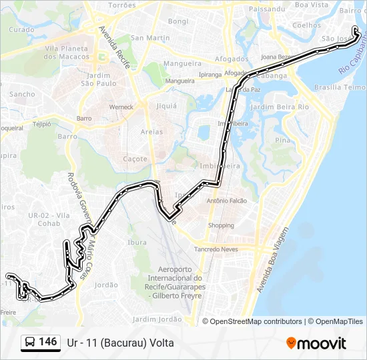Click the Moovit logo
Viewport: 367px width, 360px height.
pos(316,343)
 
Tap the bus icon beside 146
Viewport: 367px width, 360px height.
pos(30,343)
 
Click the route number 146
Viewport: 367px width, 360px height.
pos(47,342)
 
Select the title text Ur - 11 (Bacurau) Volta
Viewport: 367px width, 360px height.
pos(120,343)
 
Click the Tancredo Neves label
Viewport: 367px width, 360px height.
pos(216,249)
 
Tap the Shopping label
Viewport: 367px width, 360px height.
pos(221,225)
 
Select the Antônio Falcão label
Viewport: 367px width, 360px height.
pos(227,201)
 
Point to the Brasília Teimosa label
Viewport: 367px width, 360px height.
pos(340,87)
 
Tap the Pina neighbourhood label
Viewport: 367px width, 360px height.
pos(283,140)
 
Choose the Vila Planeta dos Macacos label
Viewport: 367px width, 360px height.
pos(66,53)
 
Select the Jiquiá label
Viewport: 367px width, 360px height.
pos(165,105)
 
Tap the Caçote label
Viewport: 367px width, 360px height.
pos(135,159)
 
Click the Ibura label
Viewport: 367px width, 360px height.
pos(137,242)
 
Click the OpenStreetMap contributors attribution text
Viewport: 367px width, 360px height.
pos(256,321)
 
